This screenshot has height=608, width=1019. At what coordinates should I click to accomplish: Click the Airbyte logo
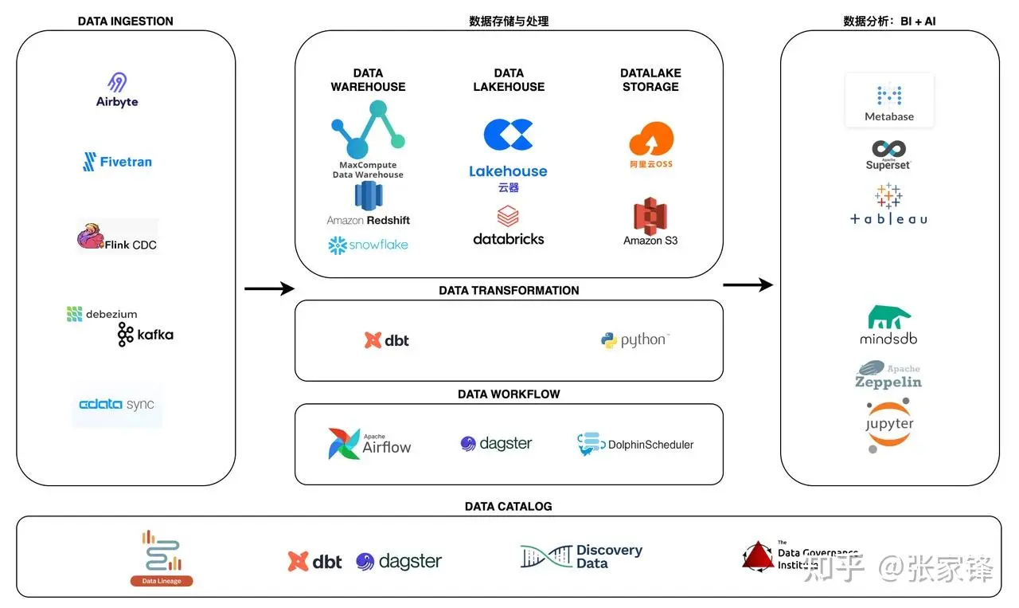tap(117, 90)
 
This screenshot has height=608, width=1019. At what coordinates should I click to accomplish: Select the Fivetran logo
tap(117, 162)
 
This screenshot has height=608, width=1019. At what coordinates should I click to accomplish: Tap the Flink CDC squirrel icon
tap(91, 237)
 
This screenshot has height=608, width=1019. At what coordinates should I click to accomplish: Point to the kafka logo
tap(145, 335)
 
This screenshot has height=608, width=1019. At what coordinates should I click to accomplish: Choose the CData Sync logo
tap(116, 405)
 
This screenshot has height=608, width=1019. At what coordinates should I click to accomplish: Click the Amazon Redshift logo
tap(369, 204)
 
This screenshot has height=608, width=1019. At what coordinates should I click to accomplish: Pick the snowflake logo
tap(368, 245)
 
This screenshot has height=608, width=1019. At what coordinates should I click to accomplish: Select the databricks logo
tap(508, 226)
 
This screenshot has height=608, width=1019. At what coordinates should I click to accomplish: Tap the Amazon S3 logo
tap(650, 223)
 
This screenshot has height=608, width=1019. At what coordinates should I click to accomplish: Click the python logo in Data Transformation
tap(634, 340)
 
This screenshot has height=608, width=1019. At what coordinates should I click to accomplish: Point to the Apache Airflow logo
tap(370, 444)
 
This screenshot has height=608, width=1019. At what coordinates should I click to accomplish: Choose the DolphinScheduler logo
tap(636, 444)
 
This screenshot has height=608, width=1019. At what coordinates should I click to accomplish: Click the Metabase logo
tap(889, 101)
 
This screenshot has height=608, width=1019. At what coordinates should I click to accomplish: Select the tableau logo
tap(888, 205)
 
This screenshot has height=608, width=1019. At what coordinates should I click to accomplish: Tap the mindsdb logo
tap(888, 325)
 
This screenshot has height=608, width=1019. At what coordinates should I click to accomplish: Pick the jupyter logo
tap(888, 426)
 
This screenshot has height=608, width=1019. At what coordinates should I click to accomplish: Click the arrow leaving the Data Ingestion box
tap(269, 288)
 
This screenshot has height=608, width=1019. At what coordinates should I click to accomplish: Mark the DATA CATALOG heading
tap(508, 506)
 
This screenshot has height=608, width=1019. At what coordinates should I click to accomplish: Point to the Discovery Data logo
tap(581, 556)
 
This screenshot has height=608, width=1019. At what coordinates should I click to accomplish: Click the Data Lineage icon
tap(162, 558)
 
